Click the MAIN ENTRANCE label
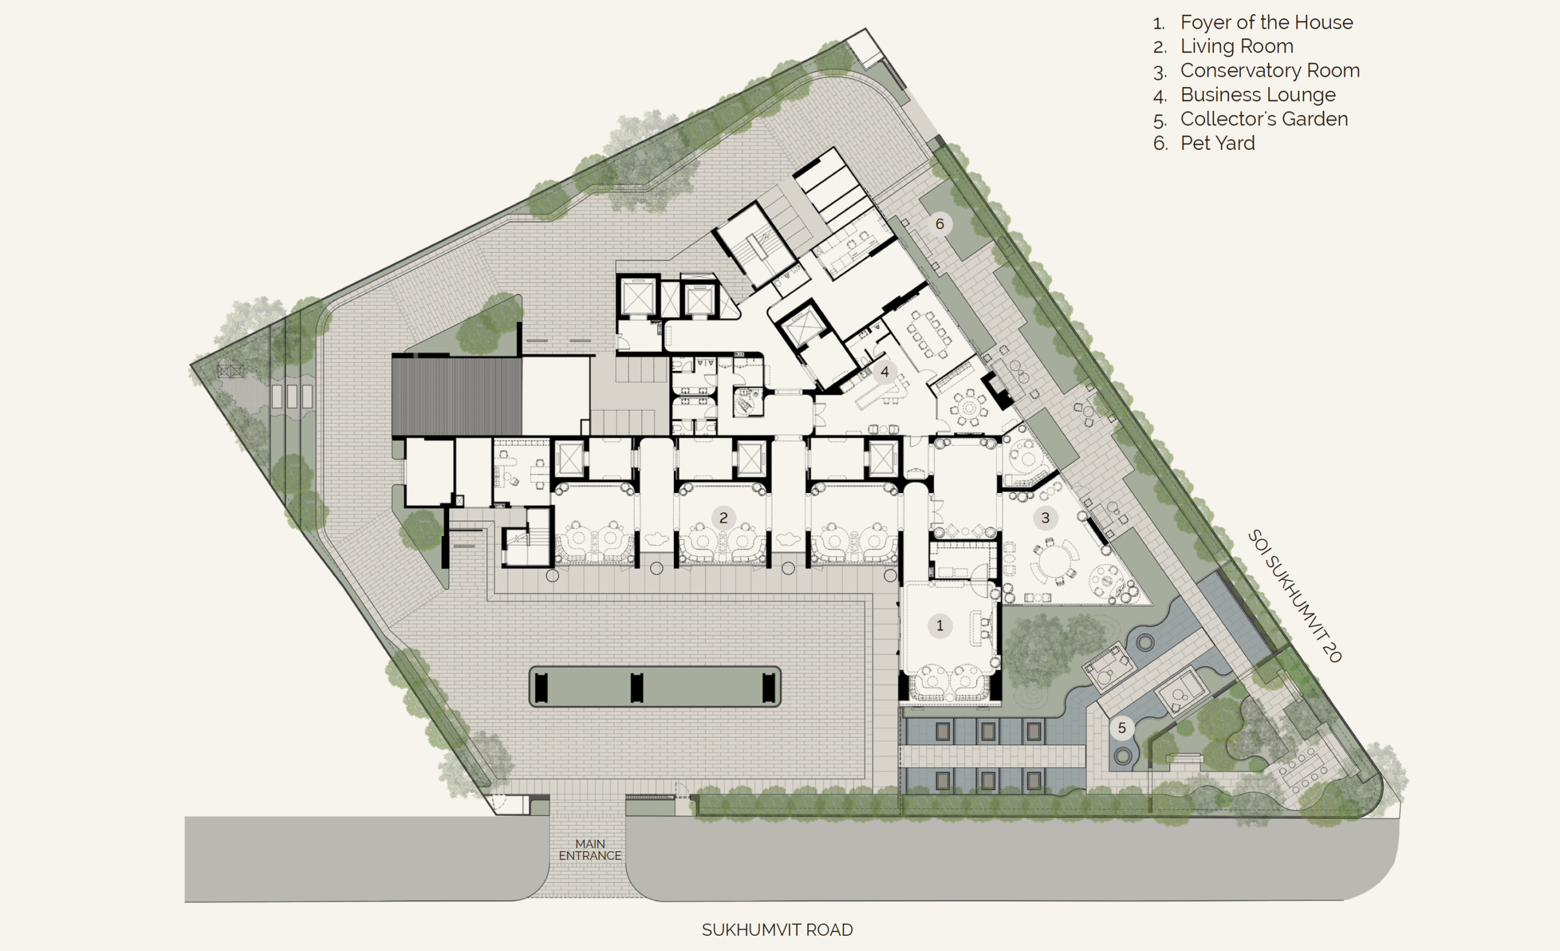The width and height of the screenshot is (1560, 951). pyautogui.click(x=590, y=850)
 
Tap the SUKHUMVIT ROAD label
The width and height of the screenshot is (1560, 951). pyautogui.click(x=778, y=930)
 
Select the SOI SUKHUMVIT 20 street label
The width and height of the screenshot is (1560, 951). pyautogui.click(x=1295, y=596)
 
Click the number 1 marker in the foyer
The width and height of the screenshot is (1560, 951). pyautogui.click(x=940, y=626)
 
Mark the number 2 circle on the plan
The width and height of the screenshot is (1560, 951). pyautogui.click(x=723, y=518)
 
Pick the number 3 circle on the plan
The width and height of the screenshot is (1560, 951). pyautogui.click(x=1045, y=518)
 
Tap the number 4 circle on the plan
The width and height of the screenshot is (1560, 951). pyautogui.click(x=884, y=372)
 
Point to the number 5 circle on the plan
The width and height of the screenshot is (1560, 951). pyautogui.click(x=1122, y=728)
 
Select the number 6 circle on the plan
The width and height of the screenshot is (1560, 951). pyautogui.click(x=940, y=224)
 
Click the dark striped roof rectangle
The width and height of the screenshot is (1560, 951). pyautogui.click(x=456, y=397)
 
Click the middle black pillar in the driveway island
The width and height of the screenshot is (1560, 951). pyautogui.click(x=637, y=688)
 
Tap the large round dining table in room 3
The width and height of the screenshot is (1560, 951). pyautogui.click(x=1054, y=561)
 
